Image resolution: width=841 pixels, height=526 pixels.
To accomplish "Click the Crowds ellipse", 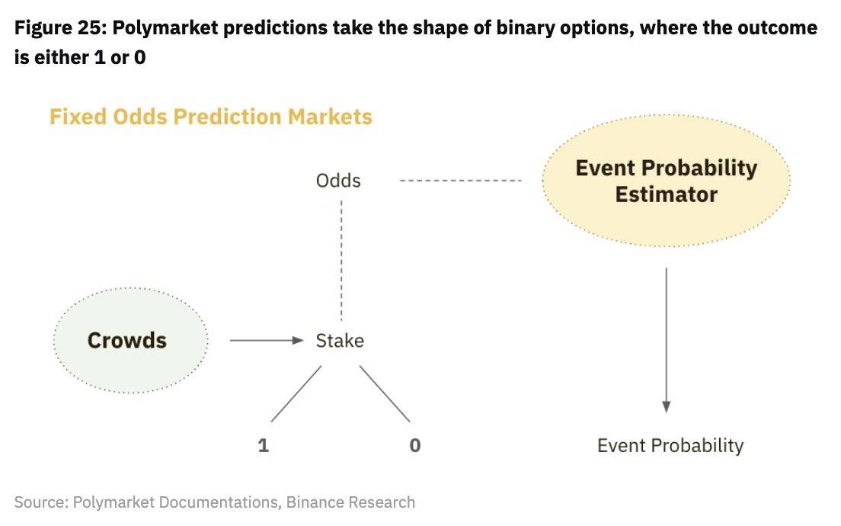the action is tap(130, 340).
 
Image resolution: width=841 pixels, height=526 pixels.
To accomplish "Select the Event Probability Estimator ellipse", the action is tap(666, 181).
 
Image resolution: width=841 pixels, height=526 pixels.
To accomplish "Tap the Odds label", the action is tap(338, 181).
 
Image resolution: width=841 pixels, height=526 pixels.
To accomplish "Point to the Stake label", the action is tap(340, 341).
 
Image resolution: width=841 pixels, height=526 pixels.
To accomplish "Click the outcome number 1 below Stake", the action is tap(264, 445).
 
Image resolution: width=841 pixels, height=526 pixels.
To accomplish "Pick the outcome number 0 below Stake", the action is tap(415, 445).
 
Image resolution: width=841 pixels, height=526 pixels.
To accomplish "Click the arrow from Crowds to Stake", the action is tap(267, 340).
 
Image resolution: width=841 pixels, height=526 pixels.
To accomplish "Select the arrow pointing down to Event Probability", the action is tap(666, 340).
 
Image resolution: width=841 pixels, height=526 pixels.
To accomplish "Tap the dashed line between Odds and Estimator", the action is tap(461, 181).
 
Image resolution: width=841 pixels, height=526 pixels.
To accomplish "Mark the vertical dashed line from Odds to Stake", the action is tap(341, 261).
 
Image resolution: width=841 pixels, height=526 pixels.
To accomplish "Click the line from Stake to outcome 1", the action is tap(296, 394).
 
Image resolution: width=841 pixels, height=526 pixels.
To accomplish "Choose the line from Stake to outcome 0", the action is tap(385, 394).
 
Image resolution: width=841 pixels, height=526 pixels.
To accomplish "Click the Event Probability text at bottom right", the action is tap(670, 446).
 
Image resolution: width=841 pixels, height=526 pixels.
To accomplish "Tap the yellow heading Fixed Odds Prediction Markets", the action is tap(211, 117).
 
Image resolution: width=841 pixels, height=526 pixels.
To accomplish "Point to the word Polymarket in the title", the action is tap(165, 28).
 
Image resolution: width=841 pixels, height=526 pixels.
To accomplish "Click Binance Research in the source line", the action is tap(350, 502).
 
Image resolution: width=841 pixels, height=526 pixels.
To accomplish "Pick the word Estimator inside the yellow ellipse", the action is tap(666, 194).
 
